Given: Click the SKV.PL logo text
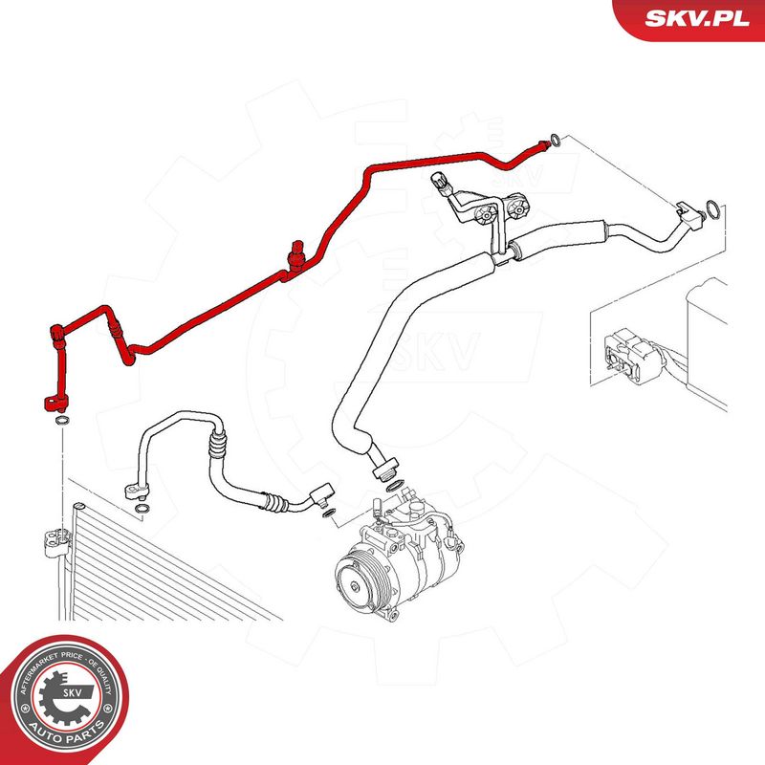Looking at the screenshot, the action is click(697, 18).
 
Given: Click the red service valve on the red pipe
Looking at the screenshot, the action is click(296, 254).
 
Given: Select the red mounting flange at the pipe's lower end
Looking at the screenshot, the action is click(55, 403).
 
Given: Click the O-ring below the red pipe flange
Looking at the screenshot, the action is click(62, 421).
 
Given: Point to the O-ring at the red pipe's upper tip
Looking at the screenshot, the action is click(556, 141).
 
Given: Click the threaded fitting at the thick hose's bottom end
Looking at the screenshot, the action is click(385, 469).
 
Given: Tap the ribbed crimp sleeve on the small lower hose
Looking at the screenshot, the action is click(218, 442).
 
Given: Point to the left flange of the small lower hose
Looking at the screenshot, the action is click(135, 490).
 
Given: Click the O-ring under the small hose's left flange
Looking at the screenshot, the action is click(141, 509).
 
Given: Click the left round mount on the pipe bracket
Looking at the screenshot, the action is click(485, 213).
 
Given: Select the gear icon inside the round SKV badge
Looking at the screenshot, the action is click(62, 699).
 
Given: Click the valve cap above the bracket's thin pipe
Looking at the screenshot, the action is click(439, 182).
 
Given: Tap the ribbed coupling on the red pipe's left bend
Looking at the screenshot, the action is click(115, 328).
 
